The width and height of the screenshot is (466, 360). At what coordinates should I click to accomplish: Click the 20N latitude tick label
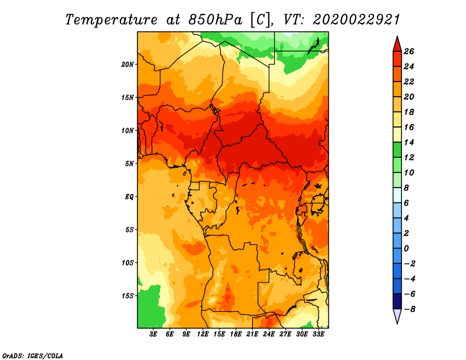click(x=128, y=64)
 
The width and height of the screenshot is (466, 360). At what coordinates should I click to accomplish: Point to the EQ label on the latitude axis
click(x=129, y=196)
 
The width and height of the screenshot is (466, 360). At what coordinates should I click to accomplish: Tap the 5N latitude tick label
click(x=129, y=164)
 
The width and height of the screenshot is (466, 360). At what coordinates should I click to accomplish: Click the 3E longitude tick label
click(x=153, y=334)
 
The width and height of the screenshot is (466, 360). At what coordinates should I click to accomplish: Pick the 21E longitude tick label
click(x=252, y=334)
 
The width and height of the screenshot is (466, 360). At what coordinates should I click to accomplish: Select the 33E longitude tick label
click(x=318, y=334)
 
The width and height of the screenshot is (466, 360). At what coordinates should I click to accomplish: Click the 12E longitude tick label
click(x=203, y=334)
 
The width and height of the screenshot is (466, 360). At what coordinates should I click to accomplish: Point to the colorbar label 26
click(x=409, y=51)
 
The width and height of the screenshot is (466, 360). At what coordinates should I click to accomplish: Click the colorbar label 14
click(x=409, y=142)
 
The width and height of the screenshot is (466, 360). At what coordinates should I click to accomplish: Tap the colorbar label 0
click(x=406, y=249)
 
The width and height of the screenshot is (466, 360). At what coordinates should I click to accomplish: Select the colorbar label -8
click(x=409, y=309)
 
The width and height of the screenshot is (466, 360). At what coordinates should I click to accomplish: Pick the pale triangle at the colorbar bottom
click(x=397, y=315)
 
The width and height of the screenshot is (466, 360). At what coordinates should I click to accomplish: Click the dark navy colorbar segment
click(x=397, y=301)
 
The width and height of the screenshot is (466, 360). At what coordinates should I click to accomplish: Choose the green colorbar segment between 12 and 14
click(x=397, y=150)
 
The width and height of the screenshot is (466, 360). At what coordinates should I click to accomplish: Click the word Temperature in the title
click(x=111, y=20)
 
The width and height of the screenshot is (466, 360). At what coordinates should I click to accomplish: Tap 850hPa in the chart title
click(x=215, y=20)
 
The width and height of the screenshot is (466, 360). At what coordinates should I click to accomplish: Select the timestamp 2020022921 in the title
click(x=356, y=20)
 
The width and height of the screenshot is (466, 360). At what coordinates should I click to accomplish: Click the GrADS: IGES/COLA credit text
click(x=33, y=355)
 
